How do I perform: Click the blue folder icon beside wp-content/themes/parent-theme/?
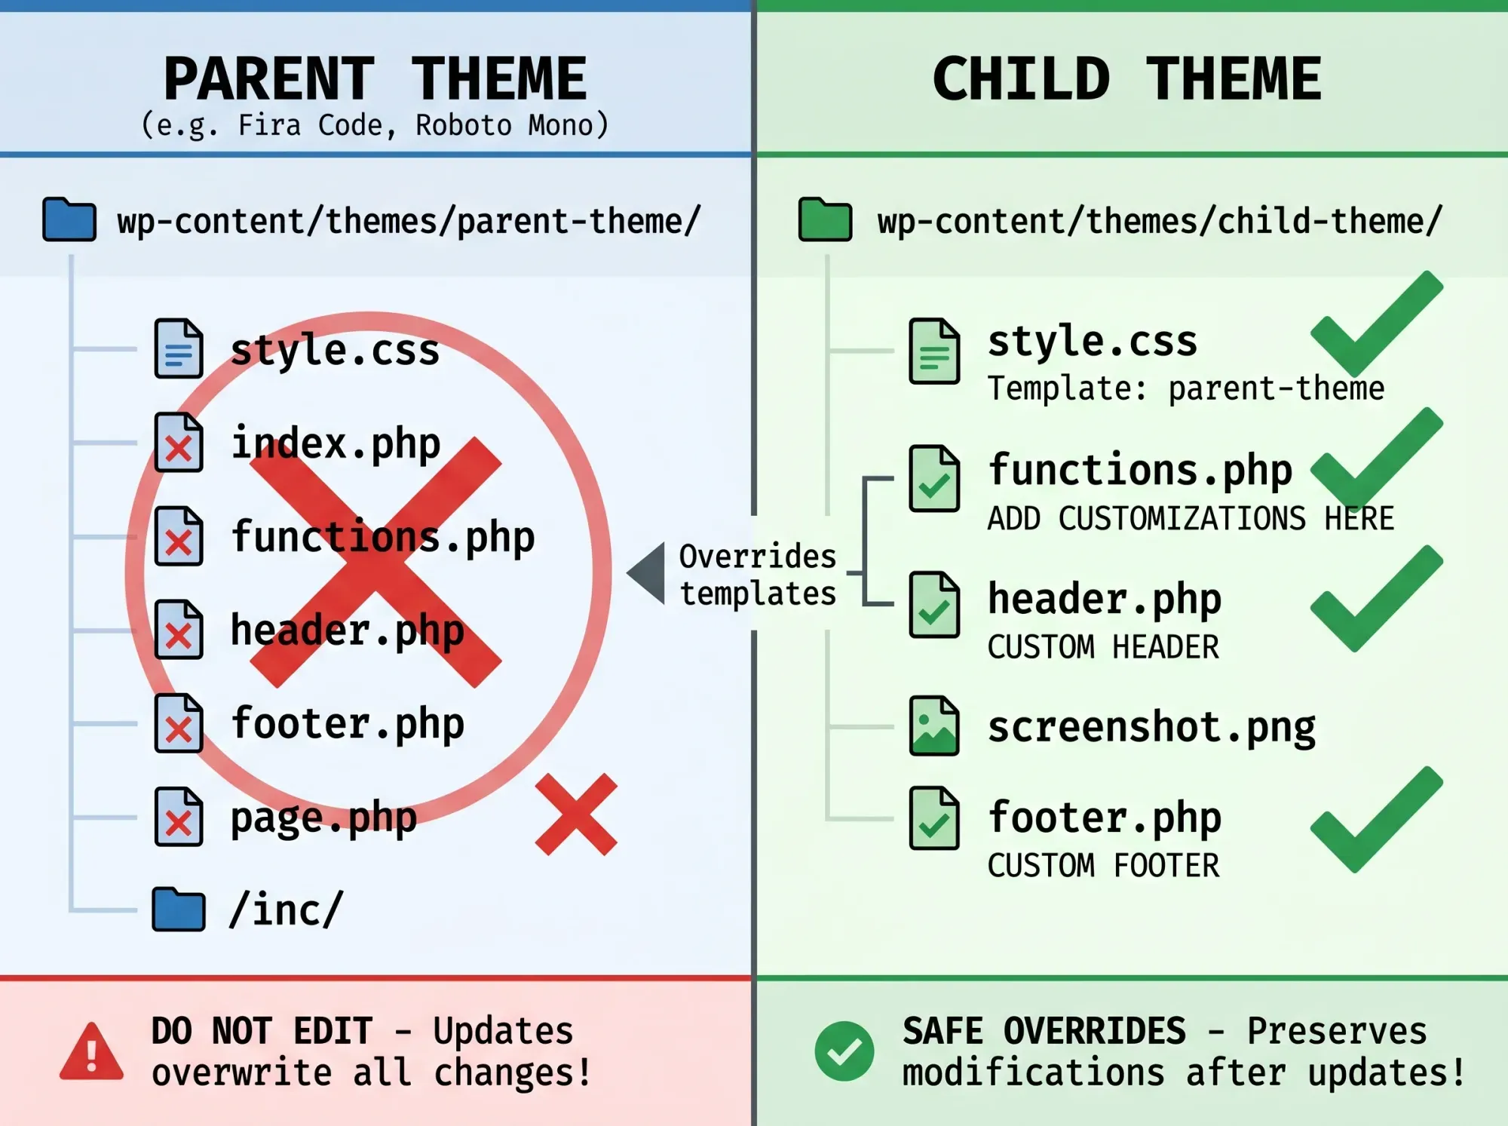coord(69,219)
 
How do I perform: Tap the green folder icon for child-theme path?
coord(825,219)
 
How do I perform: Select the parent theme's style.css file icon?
coord(179,348)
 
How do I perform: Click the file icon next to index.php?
coord(179,443)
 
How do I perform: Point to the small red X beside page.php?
coord(576,815)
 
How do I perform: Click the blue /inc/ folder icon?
coord(179,910)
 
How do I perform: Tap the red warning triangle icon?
coord(91,1052)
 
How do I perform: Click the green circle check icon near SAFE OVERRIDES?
coord(844,1051)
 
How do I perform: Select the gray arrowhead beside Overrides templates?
coord(648,573)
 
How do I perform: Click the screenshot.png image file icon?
coord(934,726)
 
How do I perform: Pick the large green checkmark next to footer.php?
coord(1376,822)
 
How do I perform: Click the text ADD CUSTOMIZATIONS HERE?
coord(1191,519)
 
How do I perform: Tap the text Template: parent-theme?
coord(1185,389)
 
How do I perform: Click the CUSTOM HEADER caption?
coord(1102,647)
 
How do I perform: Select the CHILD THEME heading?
coord(1126,79)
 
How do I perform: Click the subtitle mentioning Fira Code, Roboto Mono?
coord(375,125)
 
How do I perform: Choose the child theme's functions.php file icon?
coord(934,479)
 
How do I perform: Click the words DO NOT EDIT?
coord(262,1031)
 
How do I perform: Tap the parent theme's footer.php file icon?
coord(179,724)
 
